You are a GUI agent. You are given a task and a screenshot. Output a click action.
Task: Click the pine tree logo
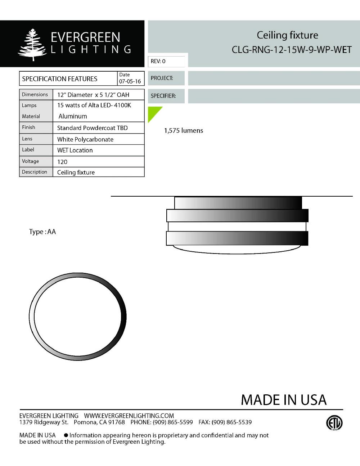(x=32, y=45)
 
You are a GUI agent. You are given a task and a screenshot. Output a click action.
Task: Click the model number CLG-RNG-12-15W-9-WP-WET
(x=292, y=50)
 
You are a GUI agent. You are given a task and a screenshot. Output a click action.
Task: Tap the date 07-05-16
(x=130, y=81)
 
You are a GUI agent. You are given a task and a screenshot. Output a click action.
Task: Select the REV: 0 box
(x=166, y=62)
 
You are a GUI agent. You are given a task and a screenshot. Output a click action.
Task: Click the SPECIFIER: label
(x=163, y=96)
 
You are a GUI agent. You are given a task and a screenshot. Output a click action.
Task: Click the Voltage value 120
(x=62, y=162)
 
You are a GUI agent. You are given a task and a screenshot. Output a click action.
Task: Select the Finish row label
(x=28, y=127)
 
